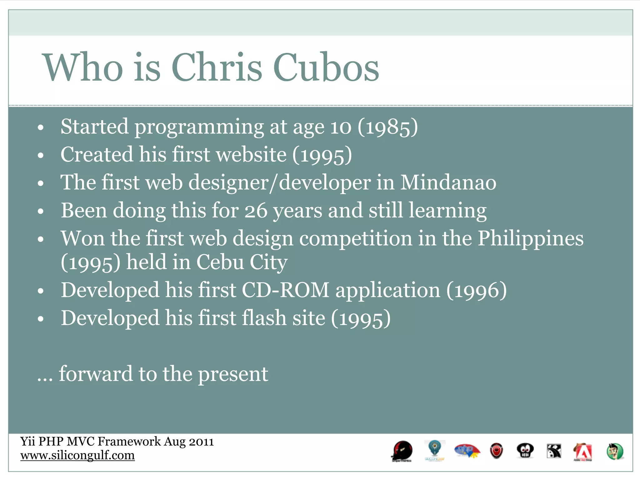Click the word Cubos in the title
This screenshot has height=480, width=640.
[326, 67]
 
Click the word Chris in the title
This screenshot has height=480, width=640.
[217, 67]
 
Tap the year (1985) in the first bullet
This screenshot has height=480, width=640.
[387, 127]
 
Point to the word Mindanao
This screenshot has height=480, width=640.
[448, 182]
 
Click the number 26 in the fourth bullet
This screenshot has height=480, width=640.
[256, 210]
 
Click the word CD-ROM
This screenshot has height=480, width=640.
[285, 290]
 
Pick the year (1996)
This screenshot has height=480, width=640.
[476, 291]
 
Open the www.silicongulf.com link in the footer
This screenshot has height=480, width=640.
[77, 455]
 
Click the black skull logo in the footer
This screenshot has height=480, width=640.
[525, 451]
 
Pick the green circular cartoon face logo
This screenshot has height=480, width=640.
[615, 452]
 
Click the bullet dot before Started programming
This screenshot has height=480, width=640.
[40, 128]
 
